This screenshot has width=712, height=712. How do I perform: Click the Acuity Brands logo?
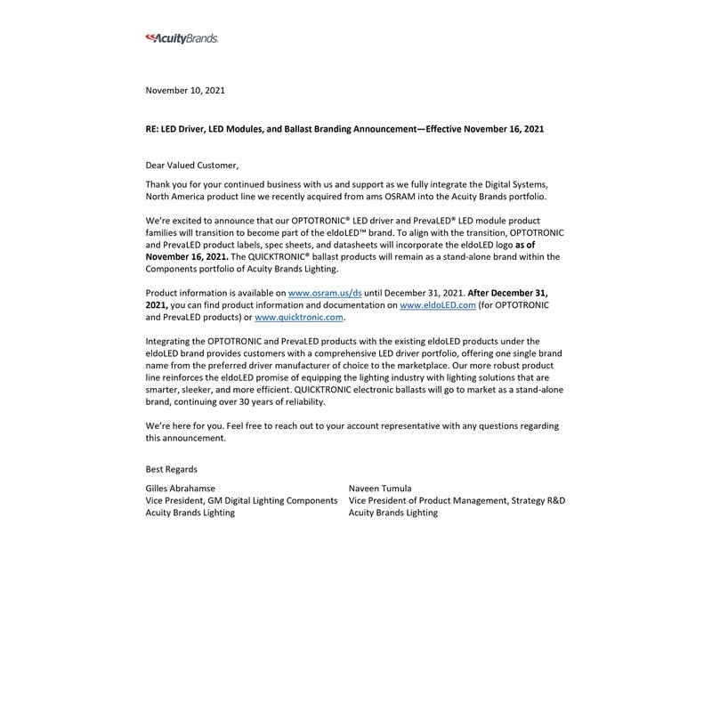click(x=182, y=38)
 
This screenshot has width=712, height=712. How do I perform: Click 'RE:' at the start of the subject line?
click(x=153, y=129)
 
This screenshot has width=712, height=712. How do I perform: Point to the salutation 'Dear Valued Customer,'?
click(x=192, y=166)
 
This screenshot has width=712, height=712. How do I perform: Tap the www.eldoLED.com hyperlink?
click(x=438, y=304)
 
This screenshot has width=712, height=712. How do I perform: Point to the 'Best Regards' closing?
click(x=172, y=469)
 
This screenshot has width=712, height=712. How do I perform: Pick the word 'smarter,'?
click(x=165, y=377)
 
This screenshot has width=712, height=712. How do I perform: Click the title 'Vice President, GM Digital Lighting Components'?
click(x=241, y=501)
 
